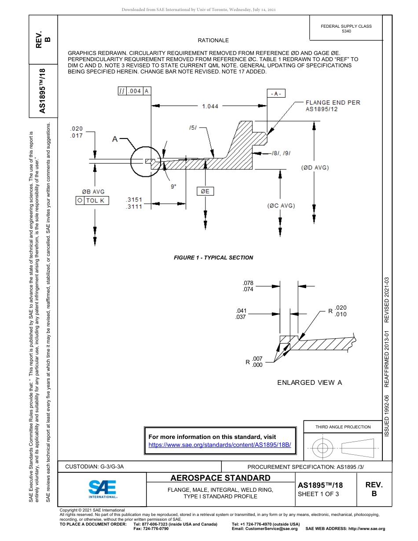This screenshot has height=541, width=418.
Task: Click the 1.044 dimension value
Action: pyautogui.click(x=210, y=106)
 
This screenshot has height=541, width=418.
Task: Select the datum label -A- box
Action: pyautogui.click(x=277, y=93)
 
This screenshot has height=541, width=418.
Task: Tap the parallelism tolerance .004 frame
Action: pyautogui.click(x=134, y=91)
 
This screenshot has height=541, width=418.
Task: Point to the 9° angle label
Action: pyautogui.click(x=174, y=186)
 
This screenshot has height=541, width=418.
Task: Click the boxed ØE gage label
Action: pyautogui.click(x=205, y=191)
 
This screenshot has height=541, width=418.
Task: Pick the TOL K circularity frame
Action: pyautogui.click(x=92, y=200)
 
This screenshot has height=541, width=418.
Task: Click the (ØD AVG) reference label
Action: pyautogui.click(x=315, y=168)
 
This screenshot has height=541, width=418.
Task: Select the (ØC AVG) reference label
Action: pyautogui.click(x=281, y=205)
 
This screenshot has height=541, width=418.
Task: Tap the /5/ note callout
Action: pyautogui.click(x=193, y=128)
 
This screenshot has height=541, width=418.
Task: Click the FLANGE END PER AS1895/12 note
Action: pyautogui.click(x=333, y=106)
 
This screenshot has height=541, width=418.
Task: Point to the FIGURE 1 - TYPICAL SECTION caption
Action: pyautogui.click(x=213, y=257)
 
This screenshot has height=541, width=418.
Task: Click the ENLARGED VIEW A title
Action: pyautogui.click(x=309, y=382)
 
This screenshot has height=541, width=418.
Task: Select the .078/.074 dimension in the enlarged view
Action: pyautogui.click(x=248, y=286)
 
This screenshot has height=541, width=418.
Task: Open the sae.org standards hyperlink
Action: pyautogui.click(x=220, y=445)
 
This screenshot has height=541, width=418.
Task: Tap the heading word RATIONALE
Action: pyautogui.click(x=213, y=40)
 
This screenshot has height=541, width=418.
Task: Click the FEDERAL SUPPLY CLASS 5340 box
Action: pyautogui.click(x=346, y=29)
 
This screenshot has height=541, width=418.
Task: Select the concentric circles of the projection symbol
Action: pyautogui.click(x=323, y=448)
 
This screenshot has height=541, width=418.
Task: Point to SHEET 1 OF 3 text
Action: pyautogui.click(x=318, y=493)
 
